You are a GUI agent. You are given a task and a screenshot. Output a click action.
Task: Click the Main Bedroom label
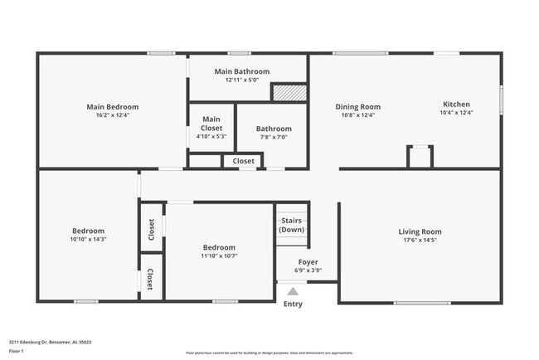[112, 107]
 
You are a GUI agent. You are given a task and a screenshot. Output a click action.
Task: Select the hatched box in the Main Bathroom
[289, 93]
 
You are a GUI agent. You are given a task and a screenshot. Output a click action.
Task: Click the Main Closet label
[211, 123]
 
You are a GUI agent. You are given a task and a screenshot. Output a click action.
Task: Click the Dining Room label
[357, 106]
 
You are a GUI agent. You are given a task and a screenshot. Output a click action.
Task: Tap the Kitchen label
[456, 105]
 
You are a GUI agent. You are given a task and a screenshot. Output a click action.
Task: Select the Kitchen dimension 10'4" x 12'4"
[456, 114]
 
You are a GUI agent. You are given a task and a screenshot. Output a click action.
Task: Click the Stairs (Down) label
[292, 225]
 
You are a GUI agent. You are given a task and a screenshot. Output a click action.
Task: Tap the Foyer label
[308, 262]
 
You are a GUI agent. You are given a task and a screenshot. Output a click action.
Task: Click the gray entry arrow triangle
[292, 290]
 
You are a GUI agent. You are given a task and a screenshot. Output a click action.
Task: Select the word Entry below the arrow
[293, 304]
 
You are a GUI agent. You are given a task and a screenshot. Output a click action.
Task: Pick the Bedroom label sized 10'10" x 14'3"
[88, 230]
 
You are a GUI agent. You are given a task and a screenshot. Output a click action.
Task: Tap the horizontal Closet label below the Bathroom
[243, 161]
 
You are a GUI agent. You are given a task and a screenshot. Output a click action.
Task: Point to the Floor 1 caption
[17, 351]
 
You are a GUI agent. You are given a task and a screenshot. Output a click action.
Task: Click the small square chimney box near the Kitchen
[420, 157]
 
